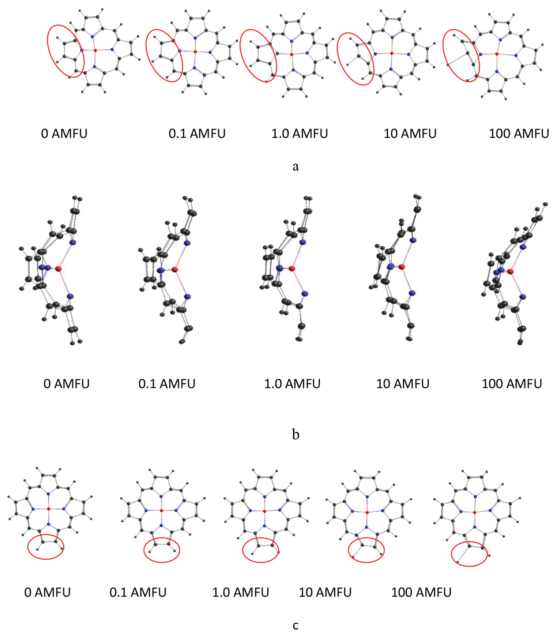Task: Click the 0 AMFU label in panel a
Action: [x=64, y=134]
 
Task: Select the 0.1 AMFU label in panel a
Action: [x=197, y=134]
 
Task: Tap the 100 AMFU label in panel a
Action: [x=519, y=134]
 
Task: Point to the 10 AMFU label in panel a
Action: [x=410, y=134]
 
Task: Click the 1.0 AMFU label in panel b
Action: [x=292, y=384]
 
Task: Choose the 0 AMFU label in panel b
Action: [x=67, y=384]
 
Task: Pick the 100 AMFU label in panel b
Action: [x=512, y=384]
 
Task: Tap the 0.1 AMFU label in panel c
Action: [x=138, y=592]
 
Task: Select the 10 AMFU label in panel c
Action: [x=325, y=592]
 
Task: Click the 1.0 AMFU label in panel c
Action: [x=241, y=592]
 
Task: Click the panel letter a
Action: [x=296, y=167]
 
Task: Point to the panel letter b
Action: [x=296, y=434]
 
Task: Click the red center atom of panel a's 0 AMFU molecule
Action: [x=95, y=50]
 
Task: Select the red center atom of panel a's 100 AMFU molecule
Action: [x=497, y=54]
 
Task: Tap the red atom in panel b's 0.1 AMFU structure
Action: [x=174, y=270]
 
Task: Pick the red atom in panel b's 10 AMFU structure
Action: [x=402, y=267]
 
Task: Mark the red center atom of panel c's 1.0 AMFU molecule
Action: [x=264, y=511]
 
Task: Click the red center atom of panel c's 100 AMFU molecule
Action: [x=475, y=512]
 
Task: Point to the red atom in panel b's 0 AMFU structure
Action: [x=59, y=269]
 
